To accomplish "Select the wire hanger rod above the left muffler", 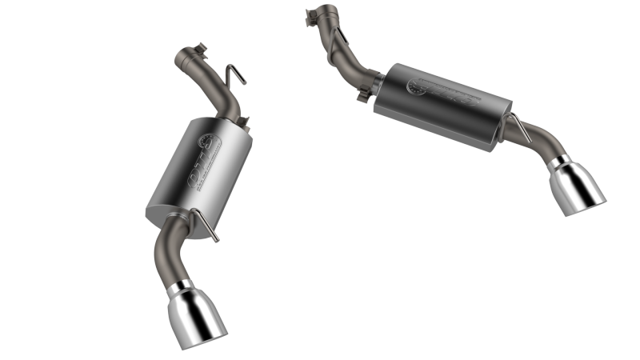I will pyautogui.click(x=233, y=78).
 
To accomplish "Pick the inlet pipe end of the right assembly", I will pyautogui.click(x=318, y=13).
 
